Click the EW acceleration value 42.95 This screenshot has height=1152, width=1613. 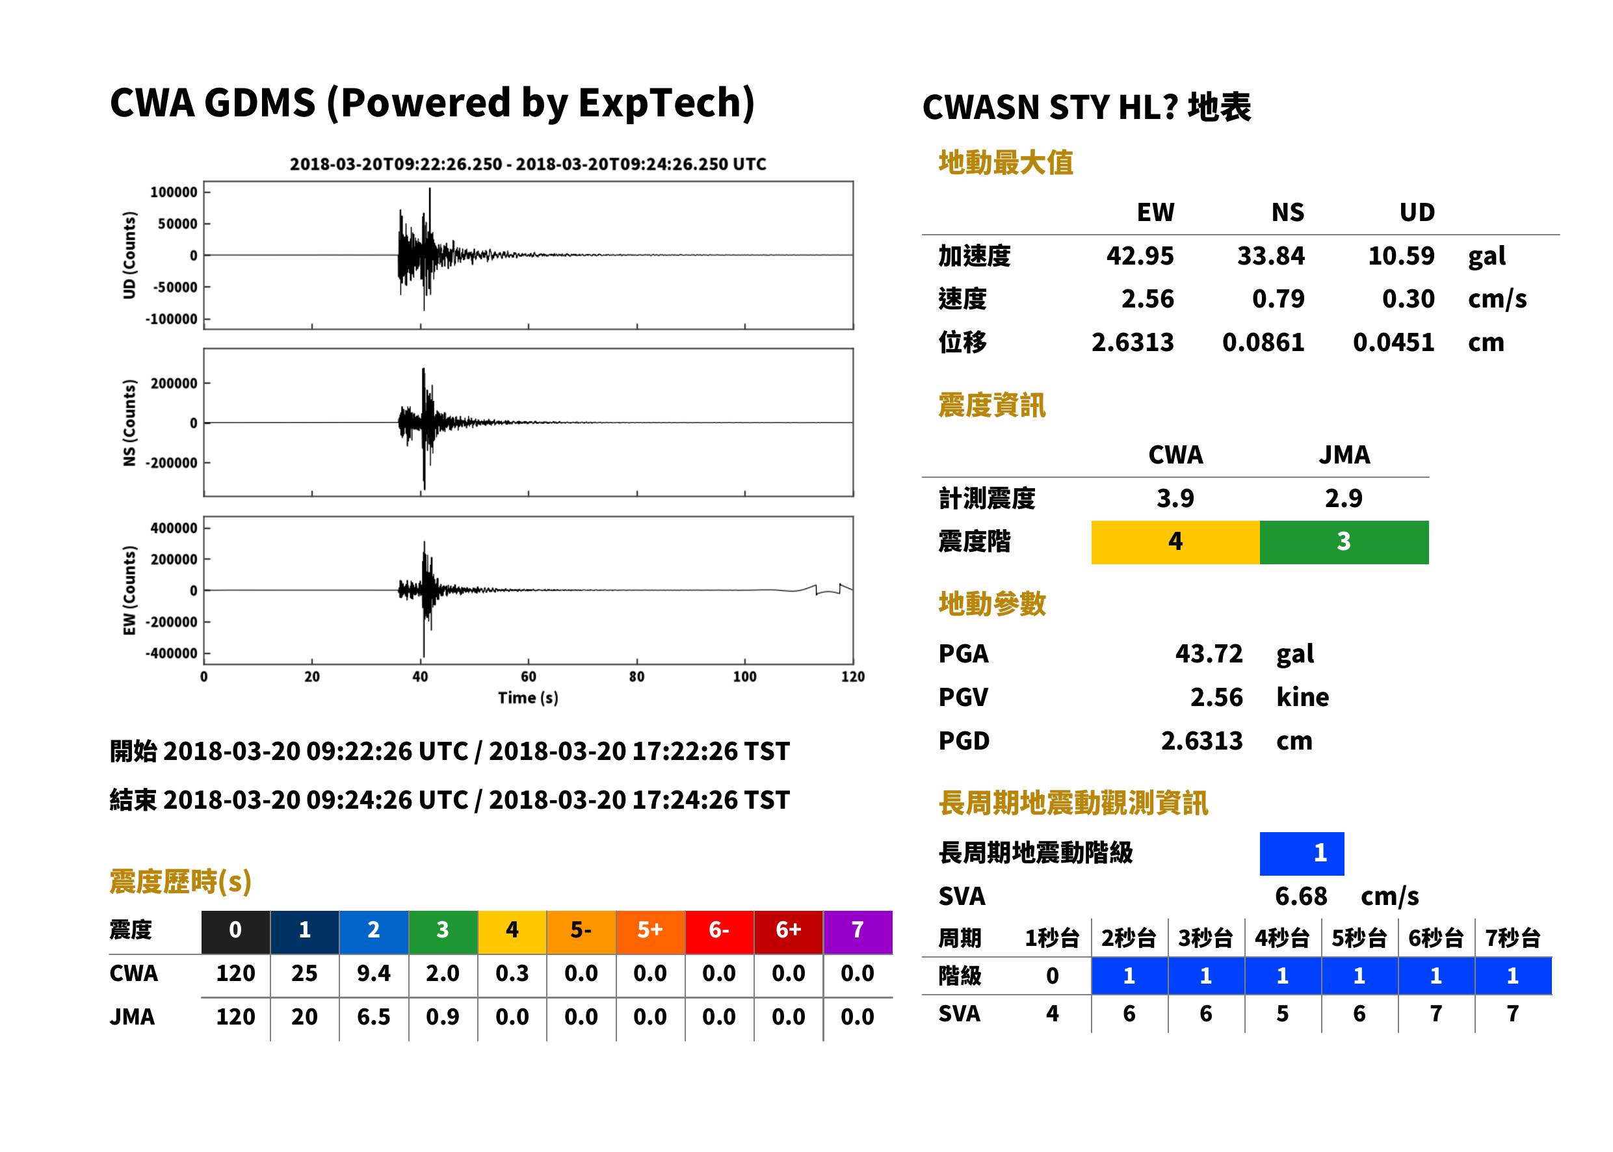[1139, 255]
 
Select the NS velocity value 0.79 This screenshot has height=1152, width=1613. [1278, 298]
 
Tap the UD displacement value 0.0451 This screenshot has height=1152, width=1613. [1393, 342]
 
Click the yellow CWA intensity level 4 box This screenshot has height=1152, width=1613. [1175, 542]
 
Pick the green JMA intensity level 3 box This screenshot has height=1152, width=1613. [1344, 542]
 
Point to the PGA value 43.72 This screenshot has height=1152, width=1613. [1209, 653]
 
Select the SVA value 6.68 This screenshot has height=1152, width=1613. [1301, 896]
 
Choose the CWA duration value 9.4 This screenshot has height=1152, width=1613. [374, 973]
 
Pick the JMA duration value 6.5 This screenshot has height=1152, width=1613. [374, 1017]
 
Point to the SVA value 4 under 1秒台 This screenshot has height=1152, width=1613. [1053, 1013]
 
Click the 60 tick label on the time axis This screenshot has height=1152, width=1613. [529, 677]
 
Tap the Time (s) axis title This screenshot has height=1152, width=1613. [529, 698]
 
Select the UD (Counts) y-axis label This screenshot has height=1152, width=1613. [129, 255]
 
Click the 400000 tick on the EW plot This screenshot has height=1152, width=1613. [174, 528]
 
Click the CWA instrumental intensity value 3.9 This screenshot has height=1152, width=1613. [1175, 498]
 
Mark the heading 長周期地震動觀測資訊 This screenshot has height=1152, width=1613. [1073, 803]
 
